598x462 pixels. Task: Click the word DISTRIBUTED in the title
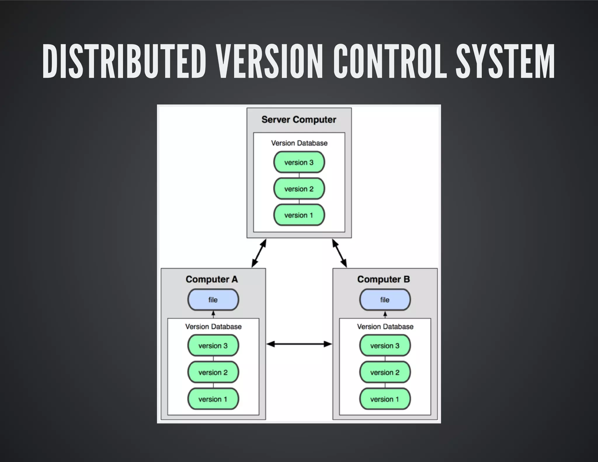(124, 61)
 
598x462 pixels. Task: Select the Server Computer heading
(299, 120)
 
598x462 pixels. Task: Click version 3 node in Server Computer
(299, 162)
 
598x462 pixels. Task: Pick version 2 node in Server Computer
(299, 189)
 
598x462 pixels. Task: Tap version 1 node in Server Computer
(299, 215)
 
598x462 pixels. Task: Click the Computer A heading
(212, 279)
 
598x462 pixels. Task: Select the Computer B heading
(383, 279)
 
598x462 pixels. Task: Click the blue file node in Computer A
(213, 300)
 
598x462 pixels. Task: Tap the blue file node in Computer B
(385, 300)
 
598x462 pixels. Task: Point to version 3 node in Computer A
(213, 346)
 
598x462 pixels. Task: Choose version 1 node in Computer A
(213, 399)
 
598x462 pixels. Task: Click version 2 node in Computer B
(385, 373)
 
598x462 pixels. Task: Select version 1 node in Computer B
(385, 399)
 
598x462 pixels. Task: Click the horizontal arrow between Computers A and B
(299, 344)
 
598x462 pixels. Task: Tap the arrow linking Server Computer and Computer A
(259, 253)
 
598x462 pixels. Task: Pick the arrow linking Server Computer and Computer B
(340, 253)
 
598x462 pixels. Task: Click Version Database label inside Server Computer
(299, 143)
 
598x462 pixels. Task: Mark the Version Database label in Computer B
(385, 326)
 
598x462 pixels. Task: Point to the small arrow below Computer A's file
(213, 315)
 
